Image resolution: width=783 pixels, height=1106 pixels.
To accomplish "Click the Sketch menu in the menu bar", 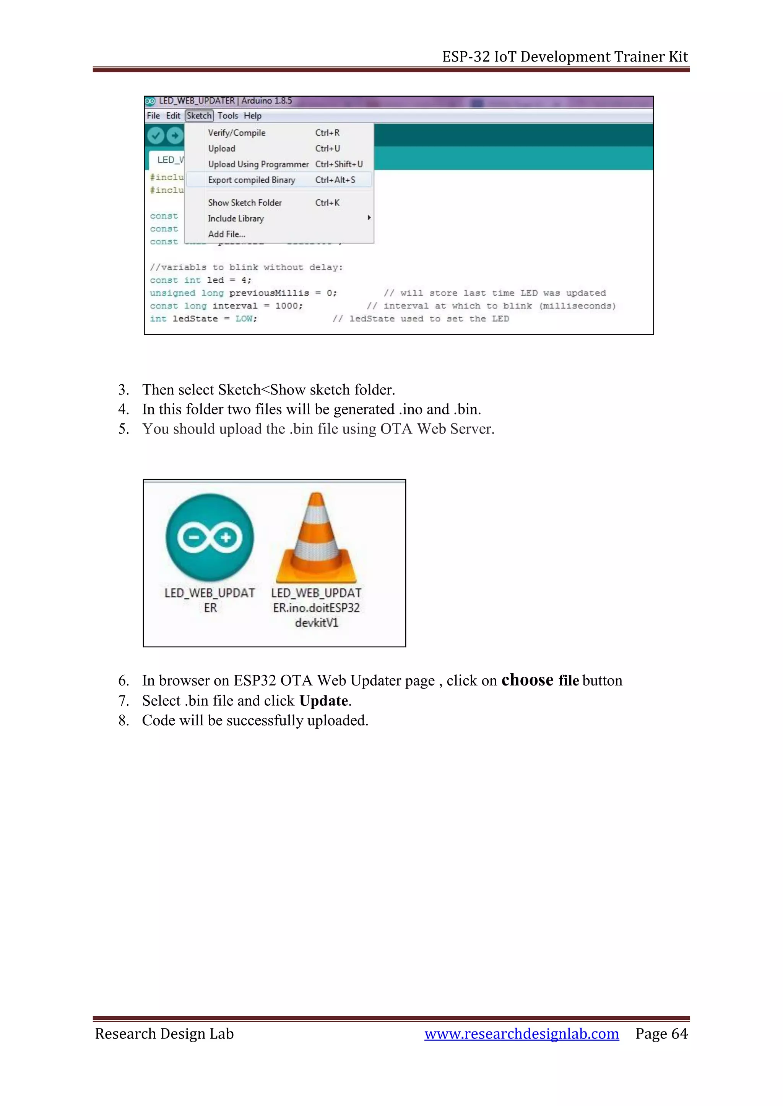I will [199, 116].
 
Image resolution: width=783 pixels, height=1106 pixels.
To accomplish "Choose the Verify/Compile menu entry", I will [236, 133].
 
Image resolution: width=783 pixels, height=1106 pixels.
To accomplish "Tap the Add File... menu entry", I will [227, 234].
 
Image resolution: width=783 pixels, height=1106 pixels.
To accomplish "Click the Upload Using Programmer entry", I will [258, 164].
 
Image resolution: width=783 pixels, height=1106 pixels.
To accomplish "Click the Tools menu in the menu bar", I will [227, 116].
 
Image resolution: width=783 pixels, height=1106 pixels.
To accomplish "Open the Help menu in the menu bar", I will [252, 116].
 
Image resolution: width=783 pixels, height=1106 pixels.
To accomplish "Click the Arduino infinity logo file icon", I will [210, 537].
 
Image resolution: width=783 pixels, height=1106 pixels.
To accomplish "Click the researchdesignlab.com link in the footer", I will [521, 1034].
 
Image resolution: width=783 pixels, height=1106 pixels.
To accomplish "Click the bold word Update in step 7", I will [323, 701].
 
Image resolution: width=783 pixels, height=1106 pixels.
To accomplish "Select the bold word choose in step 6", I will [527, 680].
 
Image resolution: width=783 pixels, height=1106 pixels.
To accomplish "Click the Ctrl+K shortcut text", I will [327, 203].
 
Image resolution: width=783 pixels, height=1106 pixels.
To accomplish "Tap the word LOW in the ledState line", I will [244, 319].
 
